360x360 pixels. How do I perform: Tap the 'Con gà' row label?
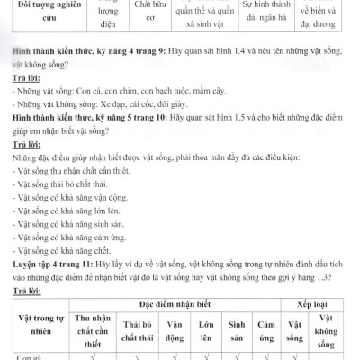27,355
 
